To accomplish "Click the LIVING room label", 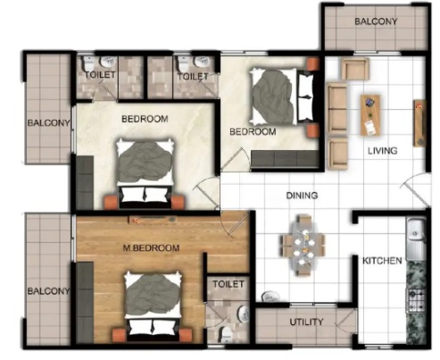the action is tap(382, 151).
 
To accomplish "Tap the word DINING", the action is tap(302, 196).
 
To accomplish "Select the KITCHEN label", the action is tap(382, 261).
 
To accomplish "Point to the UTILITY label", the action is tap(306, 322).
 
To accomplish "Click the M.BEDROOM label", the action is tap(151, 247).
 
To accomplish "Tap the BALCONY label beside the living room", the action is tap(376, 21).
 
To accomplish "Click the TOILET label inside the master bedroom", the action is tap(228, 284).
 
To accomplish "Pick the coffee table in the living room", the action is tap(370, 115).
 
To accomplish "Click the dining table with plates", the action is tap(303, 246).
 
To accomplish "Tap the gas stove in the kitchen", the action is tap(416, 300).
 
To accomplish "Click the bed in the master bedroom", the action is tap(154, 306).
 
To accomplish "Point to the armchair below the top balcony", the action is tap(355, 69).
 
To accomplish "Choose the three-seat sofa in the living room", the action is tap(337, 109).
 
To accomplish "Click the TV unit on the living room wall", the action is tap(419, 123).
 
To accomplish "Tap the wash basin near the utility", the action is tap(270, 297).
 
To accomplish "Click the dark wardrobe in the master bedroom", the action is tap(85, 302).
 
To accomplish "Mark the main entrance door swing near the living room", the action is tap(416, 189).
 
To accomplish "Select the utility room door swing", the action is tap(346, 320).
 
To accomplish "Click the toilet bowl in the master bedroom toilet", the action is tap(226, 333).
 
